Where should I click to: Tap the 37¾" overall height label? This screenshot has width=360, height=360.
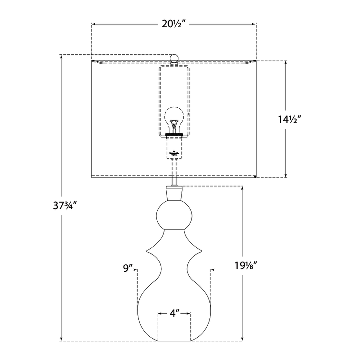click(x=64, y=206)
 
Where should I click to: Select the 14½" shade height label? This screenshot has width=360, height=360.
click(x=289, y=119)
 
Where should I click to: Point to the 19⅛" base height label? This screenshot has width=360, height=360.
click(x=246, y=266)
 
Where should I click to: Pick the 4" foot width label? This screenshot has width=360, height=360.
click(x=174, y=313)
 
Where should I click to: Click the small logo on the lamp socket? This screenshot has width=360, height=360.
click(x=174, y=153)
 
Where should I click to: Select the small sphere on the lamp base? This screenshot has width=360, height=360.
click(x=174, y=215)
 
